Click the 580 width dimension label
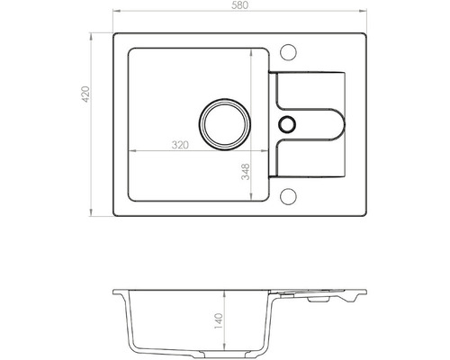[240, 5]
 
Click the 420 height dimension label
[85, 94]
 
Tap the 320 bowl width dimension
[180, 145]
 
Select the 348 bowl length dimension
[246, 172]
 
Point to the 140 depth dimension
[219, 321]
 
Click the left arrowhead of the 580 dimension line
[116, 12]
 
